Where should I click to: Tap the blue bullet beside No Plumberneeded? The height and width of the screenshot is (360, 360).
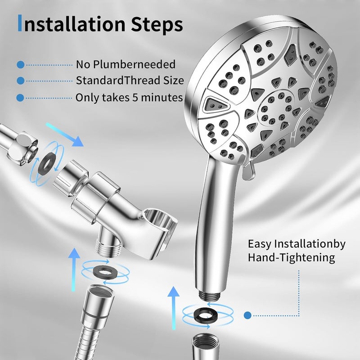tap(20, 65)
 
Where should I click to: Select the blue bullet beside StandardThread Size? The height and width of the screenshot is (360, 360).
tap(20, 81)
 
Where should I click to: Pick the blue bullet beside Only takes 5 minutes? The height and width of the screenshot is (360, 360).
tap(20, 98)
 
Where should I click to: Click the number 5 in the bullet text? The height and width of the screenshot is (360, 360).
tap(135, 98)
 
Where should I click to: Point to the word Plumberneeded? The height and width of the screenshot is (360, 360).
tap(134, 64)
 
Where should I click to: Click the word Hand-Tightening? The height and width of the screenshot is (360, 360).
tap(291, 257)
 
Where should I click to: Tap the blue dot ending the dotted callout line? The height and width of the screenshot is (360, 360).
tap(247, 315)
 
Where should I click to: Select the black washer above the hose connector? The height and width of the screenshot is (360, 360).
tap(105, 272)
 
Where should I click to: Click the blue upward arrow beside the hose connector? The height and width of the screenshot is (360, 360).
tap(74, 270)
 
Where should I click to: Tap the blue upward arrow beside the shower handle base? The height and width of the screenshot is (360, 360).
tap(173, 308)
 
